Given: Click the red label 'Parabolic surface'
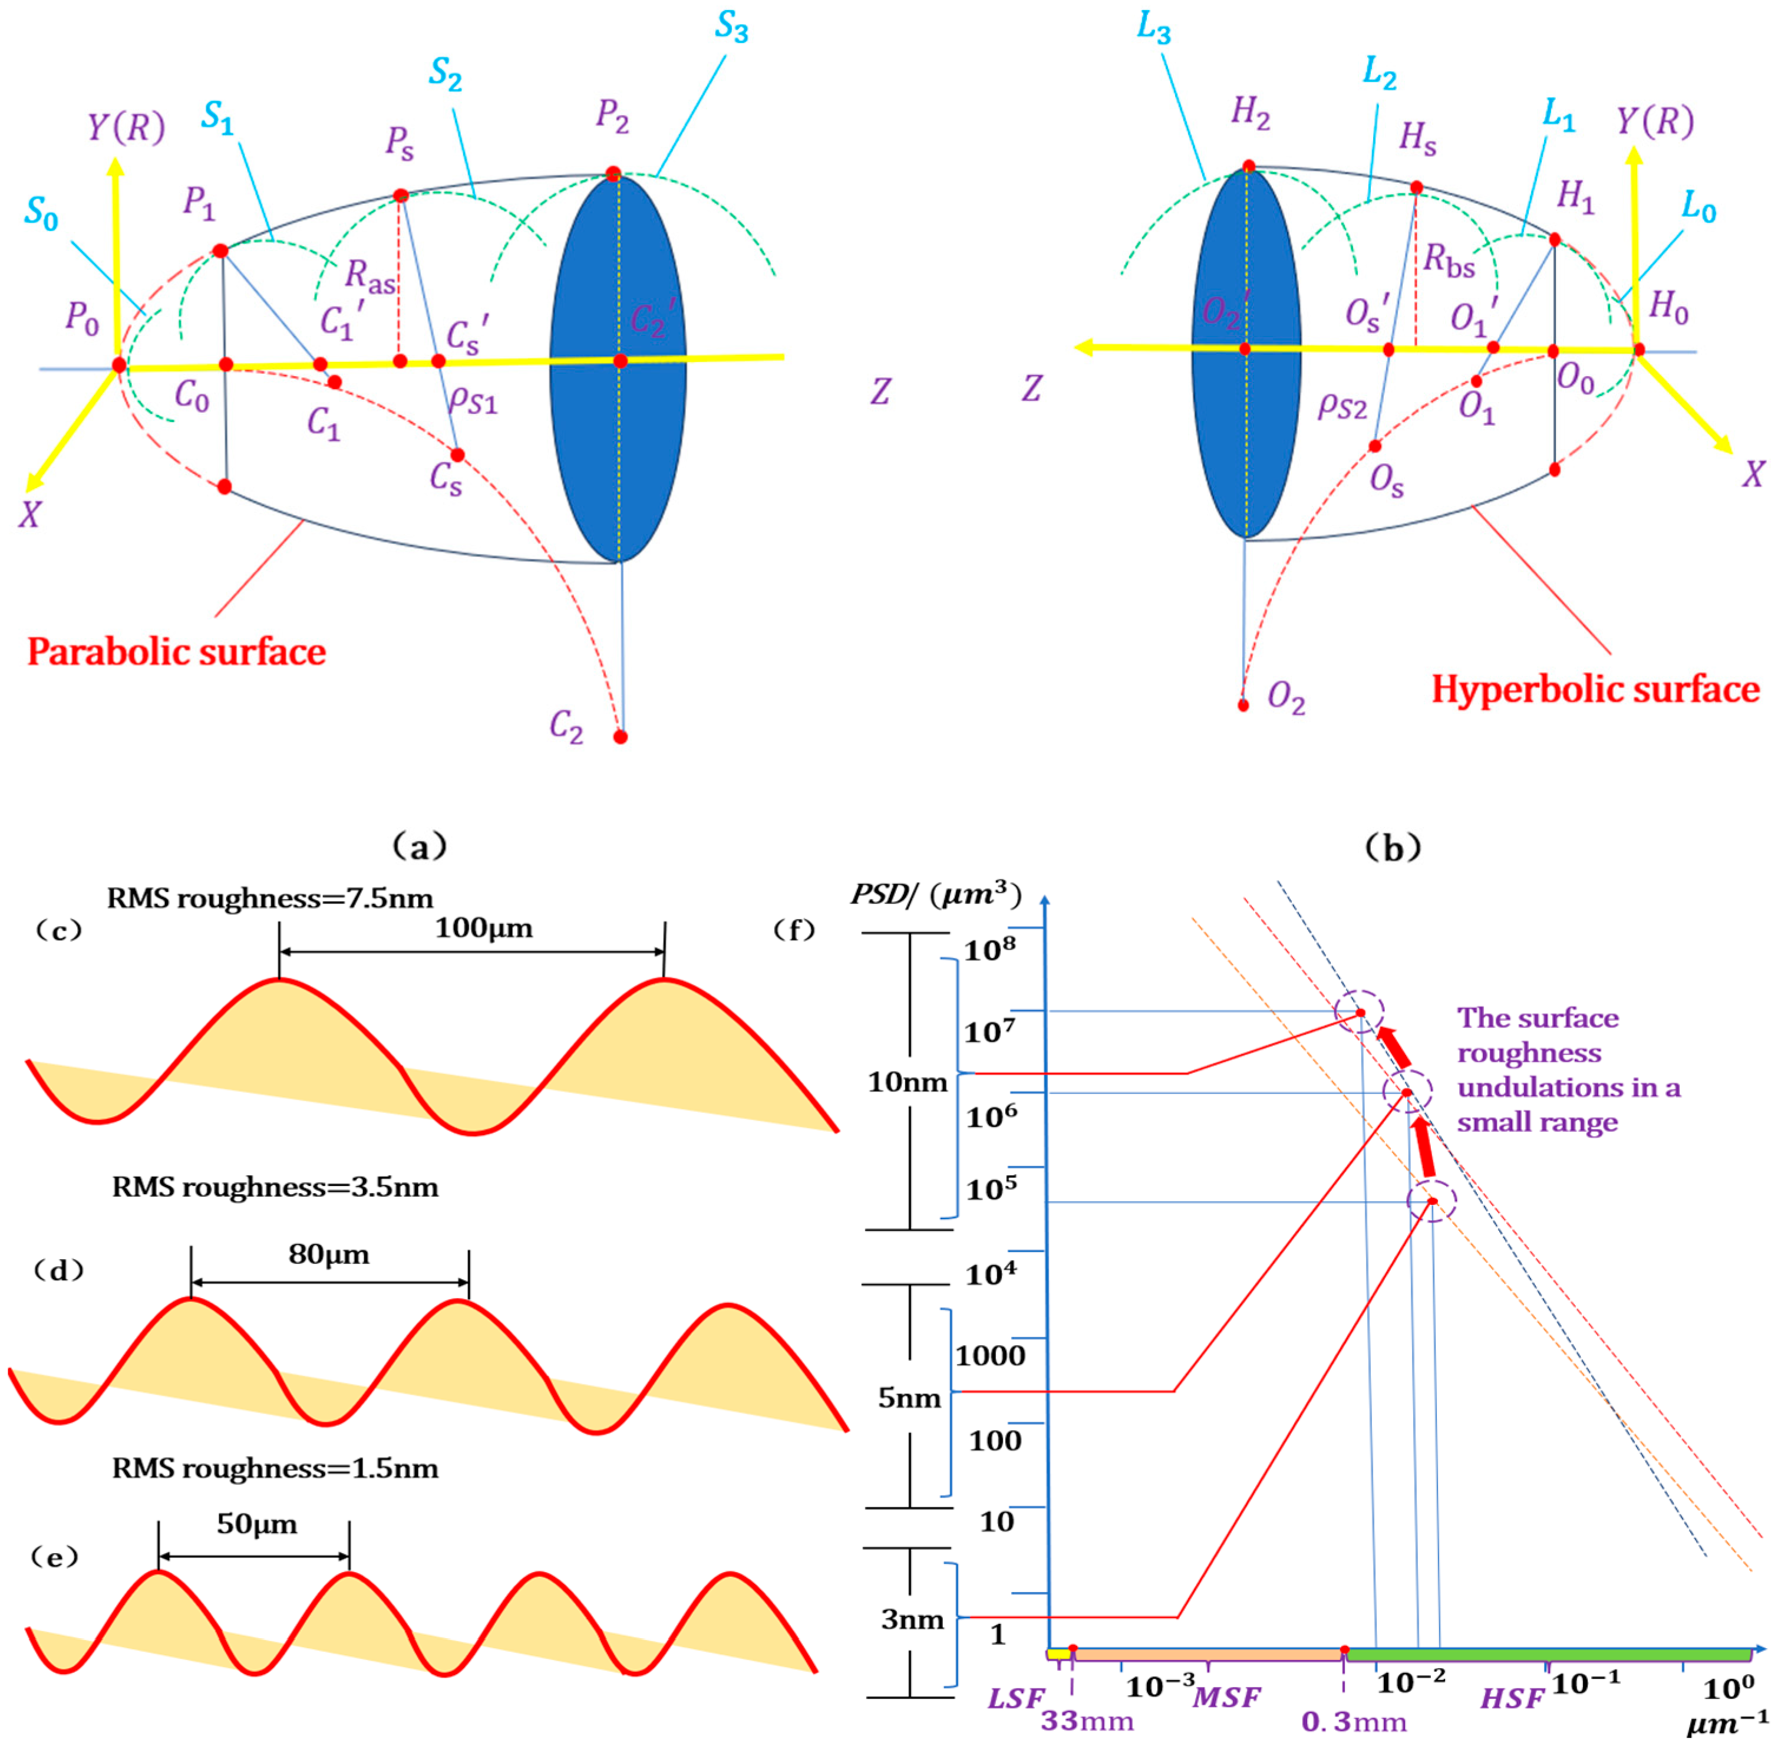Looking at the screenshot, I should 176,652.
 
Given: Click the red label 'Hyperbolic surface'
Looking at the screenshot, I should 1595,690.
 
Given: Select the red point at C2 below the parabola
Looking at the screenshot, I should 621,736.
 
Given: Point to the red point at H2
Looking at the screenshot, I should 1249,166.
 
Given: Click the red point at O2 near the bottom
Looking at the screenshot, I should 1243,705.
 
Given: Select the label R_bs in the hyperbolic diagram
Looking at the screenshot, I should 1449,261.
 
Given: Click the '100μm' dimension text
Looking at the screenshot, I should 483,928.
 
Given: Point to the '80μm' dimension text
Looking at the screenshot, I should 328,1254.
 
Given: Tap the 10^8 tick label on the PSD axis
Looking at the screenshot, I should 989,948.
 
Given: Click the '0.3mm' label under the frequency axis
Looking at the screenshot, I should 1354,1721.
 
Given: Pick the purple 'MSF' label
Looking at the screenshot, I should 1227,1698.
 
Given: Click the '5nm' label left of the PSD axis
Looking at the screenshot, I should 909,1398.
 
